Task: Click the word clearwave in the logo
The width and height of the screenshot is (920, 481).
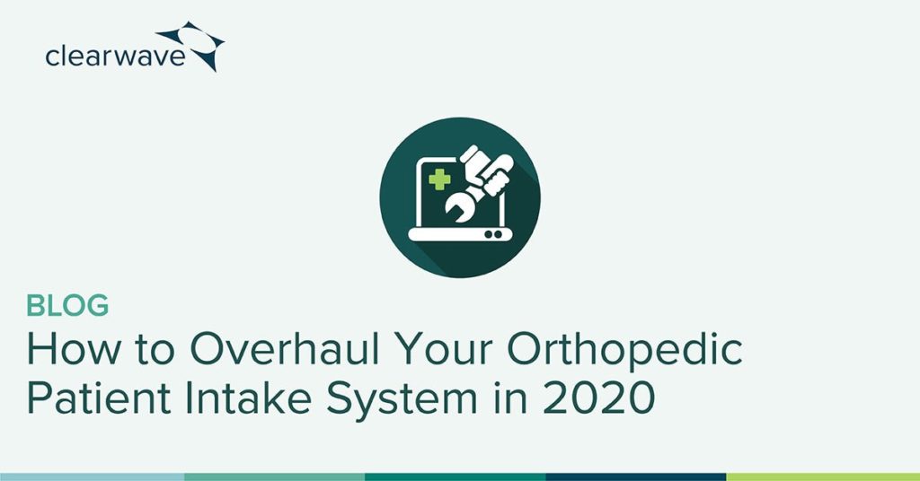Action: click(115, 57)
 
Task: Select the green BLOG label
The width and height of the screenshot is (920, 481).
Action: click(67, 306)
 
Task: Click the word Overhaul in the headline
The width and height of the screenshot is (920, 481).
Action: click(284, 350)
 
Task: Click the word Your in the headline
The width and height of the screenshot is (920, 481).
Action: click(444, 350)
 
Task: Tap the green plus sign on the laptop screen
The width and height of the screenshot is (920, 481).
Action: click(438, 179)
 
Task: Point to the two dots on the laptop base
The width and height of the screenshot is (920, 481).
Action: click(493, 234)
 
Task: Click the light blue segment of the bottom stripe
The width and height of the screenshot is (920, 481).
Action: click(93, 477)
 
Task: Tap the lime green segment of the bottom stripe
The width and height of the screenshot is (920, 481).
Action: click(823, 477)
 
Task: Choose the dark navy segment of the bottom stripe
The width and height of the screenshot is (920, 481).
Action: click(636, 477)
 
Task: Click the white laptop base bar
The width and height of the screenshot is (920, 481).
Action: click(460, 234)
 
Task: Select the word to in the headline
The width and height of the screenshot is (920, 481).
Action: click(155, 352)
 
